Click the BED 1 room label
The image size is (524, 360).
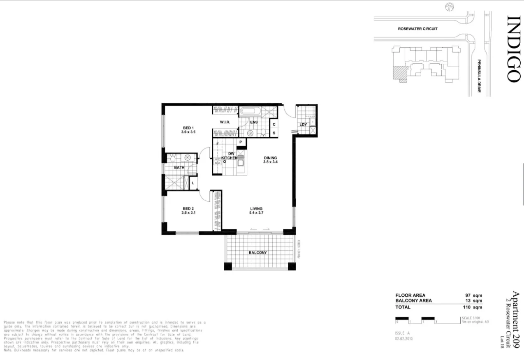188,128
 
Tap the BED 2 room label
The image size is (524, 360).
188,208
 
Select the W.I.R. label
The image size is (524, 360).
225,122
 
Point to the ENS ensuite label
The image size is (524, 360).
254,122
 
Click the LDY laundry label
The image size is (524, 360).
304,125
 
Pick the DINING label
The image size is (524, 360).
270,158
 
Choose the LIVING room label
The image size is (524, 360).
255,209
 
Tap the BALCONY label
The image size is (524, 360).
258,253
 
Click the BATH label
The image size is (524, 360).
179,168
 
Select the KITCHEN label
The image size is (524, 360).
229,158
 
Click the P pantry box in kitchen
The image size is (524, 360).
241,142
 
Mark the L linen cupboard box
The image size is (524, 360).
192,183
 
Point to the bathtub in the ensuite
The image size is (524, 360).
250,111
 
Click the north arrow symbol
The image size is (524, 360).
450,7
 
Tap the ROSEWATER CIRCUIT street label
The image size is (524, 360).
417,29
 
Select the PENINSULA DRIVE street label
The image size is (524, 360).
479,76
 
